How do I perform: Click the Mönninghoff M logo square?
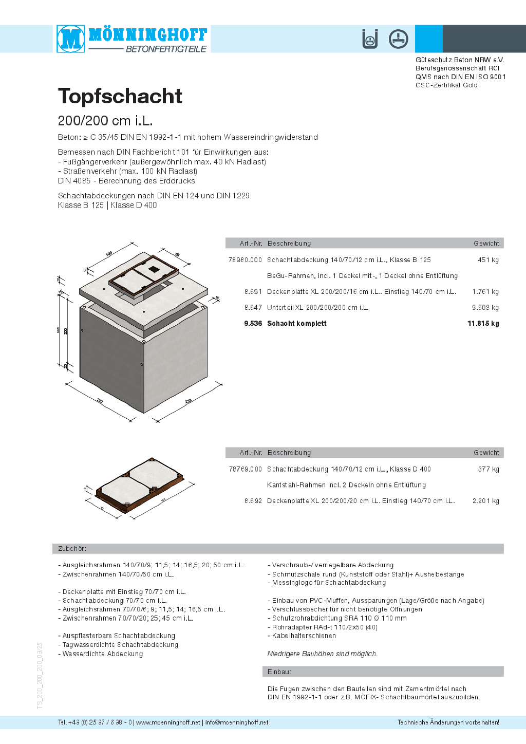pos(71,39)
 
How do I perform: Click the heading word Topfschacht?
pos(120,96)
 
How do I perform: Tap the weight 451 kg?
pos(488,260)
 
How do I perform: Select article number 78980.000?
pos(245,260)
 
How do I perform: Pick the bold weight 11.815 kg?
pos(483,324)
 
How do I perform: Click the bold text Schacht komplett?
pos(297,324)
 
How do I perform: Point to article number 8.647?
pos(253,308)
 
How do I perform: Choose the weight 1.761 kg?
pos(485,292)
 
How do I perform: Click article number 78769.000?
pos(245,469)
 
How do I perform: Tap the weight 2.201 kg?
pos(485,501)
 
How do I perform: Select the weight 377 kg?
pos(488,469)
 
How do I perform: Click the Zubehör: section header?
pos(72,549)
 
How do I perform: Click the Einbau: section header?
pos(279,672)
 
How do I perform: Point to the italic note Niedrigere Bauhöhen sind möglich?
pos(322,654)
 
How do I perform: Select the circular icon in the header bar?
pos(398,39)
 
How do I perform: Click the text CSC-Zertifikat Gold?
pos(446,85)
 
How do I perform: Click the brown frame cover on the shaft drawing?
pos(144,278)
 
